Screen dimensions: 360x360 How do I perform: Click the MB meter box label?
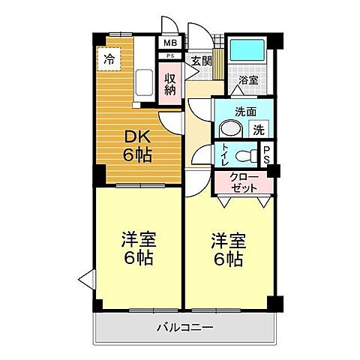click(171, 42)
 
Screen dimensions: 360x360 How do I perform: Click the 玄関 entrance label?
click(200, 60)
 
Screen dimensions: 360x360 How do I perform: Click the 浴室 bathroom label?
click(247, 79)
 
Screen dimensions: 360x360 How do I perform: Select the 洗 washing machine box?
click(258, 128)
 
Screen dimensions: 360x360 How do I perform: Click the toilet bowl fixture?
click(244, 156)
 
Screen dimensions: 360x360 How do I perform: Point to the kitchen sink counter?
click(145, 84)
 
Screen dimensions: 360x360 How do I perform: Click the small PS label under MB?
click(171, 56)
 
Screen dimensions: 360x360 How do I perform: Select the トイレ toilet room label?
click(225, 156)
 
